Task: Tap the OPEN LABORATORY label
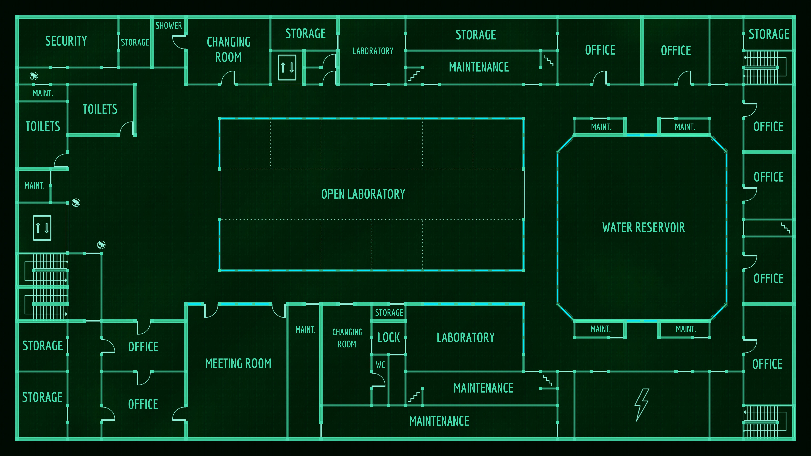coord(363,194)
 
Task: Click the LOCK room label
coord(389,338)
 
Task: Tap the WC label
coord(380,365)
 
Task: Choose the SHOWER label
coord(169,26)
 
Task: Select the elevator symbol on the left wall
coord(42,228)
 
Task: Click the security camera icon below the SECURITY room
coord(34,76)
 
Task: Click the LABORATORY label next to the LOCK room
coord(466,338)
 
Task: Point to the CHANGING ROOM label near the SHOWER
coord(229,50)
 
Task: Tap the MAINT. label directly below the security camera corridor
coord(43,93)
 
